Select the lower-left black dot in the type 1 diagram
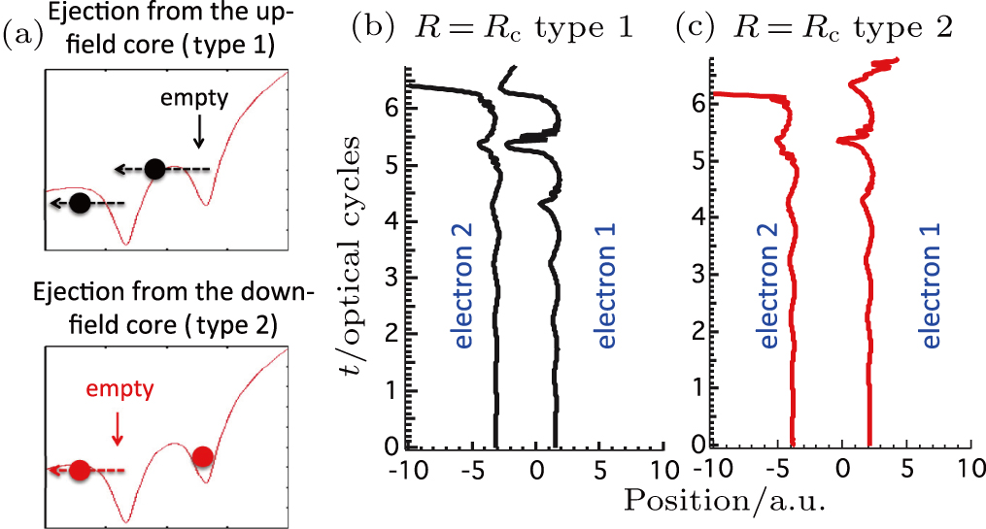pos(81,203)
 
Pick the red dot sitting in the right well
pos(202,456)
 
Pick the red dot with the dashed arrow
pos(80,470)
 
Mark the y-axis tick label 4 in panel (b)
pos(390,221)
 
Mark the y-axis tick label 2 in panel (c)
pos(697,333)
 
